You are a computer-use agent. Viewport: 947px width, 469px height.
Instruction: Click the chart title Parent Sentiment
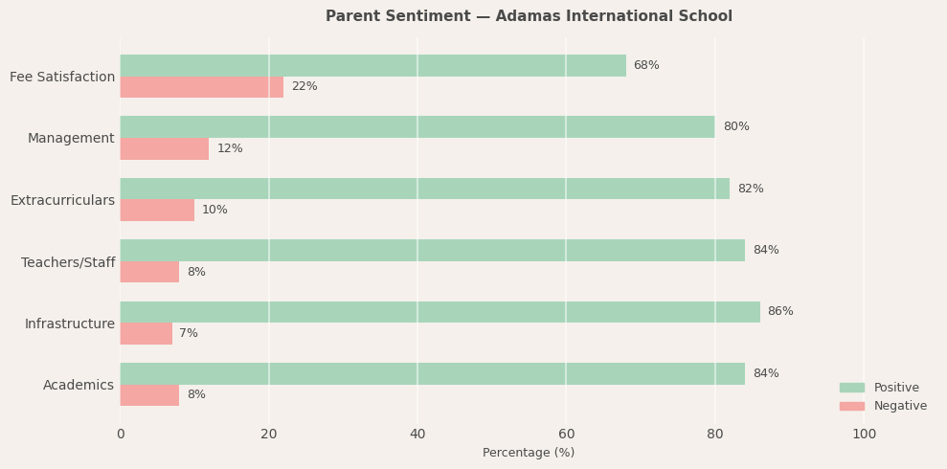coord(529,16)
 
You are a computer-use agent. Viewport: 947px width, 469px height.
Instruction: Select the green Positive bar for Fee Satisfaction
coord(372,65)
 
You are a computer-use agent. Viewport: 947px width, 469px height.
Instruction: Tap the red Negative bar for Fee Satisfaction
coord(201,87)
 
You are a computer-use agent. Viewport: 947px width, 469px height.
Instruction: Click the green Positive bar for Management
coord(417,126)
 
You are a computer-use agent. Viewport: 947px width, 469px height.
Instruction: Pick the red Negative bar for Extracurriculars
coord(157,211)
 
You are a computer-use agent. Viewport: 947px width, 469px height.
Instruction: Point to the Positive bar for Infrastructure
coord(440,312)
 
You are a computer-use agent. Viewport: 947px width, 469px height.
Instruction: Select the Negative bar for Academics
coord(149,395)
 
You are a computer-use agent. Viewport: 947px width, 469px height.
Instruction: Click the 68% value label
coord(646,65)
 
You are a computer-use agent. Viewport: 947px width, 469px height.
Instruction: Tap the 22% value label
coord(304,87)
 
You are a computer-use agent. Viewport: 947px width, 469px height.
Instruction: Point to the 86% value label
coord(780,312)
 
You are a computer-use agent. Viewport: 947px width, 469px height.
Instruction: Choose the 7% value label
coord(189,334)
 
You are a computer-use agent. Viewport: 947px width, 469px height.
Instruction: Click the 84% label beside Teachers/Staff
coord(766,251)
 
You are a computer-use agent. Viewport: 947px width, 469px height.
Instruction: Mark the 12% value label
coord(230,149)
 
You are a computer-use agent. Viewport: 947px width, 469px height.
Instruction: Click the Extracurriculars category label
coord(62,201)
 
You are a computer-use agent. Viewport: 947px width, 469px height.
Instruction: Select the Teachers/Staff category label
coord(68,262)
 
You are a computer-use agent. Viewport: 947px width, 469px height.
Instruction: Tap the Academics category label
coord(79,386)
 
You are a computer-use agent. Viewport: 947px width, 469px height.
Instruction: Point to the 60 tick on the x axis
coord(566,435)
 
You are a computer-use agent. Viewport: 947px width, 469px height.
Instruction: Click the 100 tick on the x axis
coord(864,435)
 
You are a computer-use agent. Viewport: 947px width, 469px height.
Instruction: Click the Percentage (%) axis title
coord(529,453)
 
